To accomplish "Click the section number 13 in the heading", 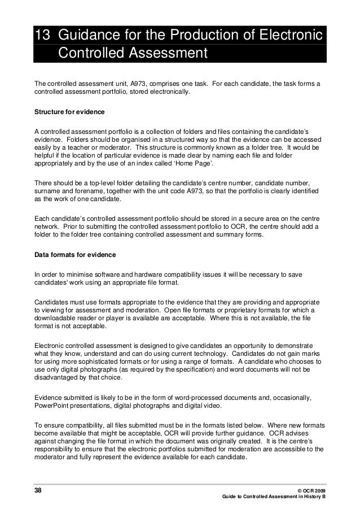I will point(42,36).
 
